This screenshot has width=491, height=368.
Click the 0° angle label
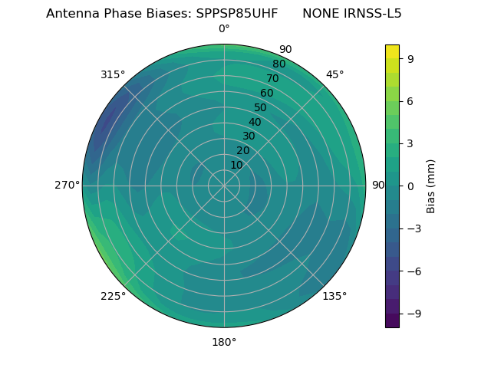(224, 29)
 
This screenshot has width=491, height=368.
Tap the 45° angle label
(335, 74)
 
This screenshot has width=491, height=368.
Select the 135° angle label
(334, 296)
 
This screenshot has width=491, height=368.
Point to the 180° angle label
(224, 342)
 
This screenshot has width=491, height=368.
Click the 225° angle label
(113, 297)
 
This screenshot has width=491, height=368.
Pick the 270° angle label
(67, 185)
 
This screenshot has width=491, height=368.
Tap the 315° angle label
(113, 74)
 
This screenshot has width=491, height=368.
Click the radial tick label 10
(236, 165)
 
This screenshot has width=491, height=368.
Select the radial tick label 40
(255, 123)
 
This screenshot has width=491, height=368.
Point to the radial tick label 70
(272, 78)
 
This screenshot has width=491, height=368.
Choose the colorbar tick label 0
(410, 186)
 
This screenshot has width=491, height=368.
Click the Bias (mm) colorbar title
(431, 186)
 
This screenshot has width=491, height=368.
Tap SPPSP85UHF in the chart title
(238, 14)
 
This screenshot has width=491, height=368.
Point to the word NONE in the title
(318, 14)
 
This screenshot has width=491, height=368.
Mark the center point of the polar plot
(224, 186)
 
